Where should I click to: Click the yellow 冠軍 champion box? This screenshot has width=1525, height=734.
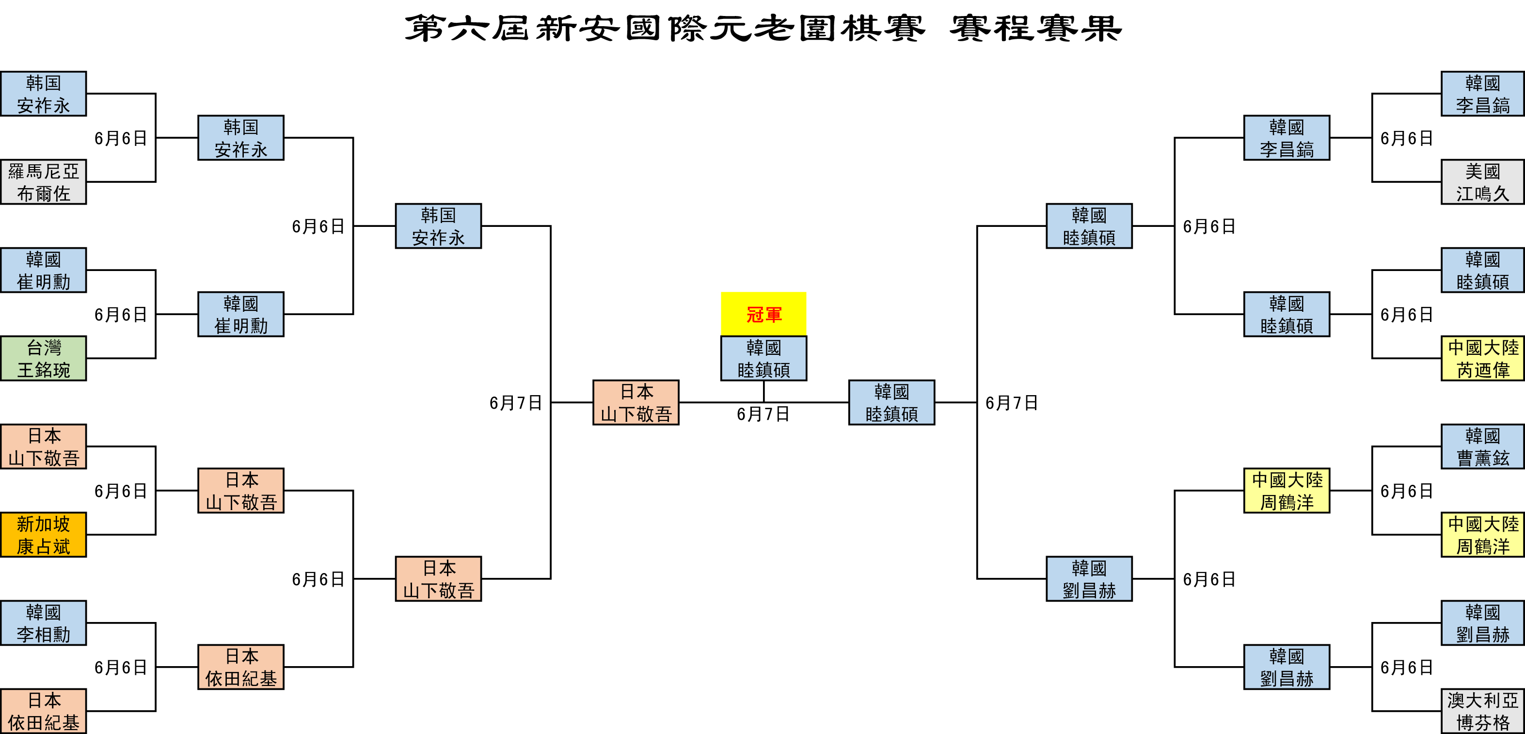(x=763, y=314)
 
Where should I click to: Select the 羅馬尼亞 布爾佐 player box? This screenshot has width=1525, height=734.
(x=43, y=182)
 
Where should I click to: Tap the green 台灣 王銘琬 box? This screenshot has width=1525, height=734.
(x=43, y=358)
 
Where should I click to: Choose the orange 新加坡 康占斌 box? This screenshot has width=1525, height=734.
(x=43, y=535)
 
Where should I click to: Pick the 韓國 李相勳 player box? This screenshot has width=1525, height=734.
(x=43, y=622)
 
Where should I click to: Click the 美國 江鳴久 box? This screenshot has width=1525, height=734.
(x=1482, y=182)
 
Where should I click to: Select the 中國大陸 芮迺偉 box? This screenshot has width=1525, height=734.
(x=1482, y=358)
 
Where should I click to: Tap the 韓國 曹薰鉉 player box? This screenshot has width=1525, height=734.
(x=1482, y=447)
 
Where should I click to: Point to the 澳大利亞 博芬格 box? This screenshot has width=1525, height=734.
(x=1482, y=711)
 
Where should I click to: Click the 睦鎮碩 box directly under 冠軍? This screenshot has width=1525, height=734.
(x=763, y=358)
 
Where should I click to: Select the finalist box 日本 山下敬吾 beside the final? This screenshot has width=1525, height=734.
(x=636, y=402)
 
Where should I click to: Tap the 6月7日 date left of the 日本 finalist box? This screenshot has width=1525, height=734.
(x=516, y=403)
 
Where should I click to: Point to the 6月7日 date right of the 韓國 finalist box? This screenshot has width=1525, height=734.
(x=1012, y=403)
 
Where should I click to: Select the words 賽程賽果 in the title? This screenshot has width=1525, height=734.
(x=1036, y=29)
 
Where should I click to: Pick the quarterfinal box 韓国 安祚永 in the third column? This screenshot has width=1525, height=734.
(x=438, y=226)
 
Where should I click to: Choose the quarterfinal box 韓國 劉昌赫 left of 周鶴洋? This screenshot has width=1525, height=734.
(x=1089, y=579)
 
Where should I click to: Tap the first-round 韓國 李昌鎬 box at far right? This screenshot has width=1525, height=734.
(x=1482, y=94)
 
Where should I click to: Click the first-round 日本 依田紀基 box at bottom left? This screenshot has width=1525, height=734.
(x=43, y=711)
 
